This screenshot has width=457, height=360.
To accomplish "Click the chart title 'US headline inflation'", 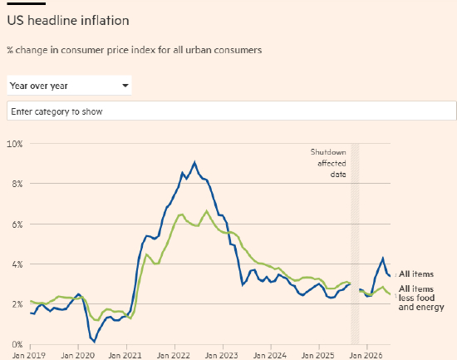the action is [x=68, y=21].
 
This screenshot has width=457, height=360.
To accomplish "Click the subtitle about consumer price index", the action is [x=135, y=50].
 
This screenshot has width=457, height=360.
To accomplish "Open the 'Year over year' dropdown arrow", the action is [x=125, y=86].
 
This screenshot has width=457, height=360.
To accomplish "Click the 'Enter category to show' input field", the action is [x=232, y=111].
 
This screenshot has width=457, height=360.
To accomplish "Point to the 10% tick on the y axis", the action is [x=15, y=144].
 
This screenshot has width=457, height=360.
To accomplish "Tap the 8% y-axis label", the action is [x=17, y=184].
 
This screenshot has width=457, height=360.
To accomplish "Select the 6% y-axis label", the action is [x=17, y=224].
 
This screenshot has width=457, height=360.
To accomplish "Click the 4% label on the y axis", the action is [x=17, y=264].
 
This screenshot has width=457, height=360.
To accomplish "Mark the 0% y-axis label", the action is [x=17, y=344].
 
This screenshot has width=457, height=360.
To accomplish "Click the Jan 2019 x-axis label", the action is [x=29, y=355].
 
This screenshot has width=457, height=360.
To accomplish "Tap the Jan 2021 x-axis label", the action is [x=125, y=355].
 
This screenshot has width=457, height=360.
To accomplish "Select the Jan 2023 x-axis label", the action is [x=222, y=355].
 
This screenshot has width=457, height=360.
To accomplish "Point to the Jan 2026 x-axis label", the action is [x=366, y=355].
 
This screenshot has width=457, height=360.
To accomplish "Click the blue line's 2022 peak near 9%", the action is [x=194, y=162].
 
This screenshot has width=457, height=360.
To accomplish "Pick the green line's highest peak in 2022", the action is [x=207, y=211].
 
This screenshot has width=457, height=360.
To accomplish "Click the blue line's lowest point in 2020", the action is [x=95, y=342].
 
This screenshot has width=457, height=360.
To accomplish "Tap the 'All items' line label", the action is [x=416, y=274].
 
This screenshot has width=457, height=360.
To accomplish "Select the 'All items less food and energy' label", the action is [x=421, y=298].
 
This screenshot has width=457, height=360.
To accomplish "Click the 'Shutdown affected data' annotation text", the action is [x=328, y=163].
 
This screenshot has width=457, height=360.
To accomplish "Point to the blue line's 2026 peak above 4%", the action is [x=383, y=259].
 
